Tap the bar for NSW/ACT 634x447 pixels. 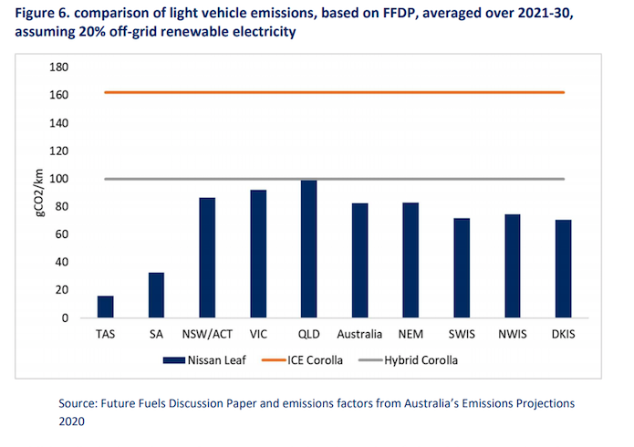tap(207, 258)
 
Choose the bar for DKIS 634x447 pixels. tap(565, 268)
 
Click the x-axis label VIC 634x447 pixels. tap(258, 333)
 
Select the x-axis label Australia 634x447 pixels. tap(360, 333)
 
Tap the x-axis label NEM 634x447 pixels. tap(411, 333)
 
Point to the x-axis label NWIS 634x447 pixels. tap(514, 333)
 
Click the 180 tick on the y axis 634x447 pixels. tap(59, 68)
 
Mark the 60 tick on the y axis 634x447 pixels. tap(62, 234)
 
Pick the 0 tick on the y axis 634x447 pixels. tap(66, 318)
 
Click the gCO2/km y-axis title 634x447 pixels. tap(34, 192)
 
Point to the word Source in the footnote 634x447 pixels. tap(78, 402)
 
